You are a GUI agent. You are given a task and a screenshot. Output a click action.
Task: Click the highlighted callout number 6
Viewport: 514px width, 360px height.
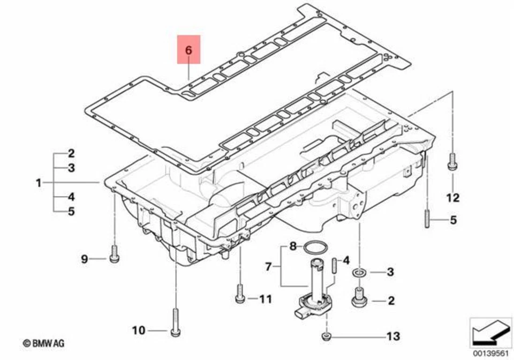click(188, 50)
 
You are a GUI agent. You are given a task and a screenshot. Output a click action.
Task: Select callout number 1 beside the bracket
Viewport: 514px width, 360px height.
click(39, 183)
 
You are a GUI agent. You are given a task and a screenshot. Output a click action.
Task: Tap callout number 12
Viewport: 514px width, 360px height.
click(452, 198)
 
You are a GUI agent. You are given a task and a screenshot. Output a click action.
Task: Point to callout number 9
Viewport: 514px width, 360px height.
click(84, 259)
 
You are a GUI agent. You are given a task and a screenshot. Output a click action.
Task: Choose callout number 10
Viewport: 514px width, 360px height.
click(138, 331)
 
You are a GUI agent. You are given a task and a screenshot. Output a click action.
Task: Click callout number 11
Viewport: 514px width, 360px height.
click(266, 299)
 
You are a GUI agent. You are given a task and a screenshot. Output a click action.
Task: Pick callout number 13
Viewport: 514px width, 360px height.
click(393, 336)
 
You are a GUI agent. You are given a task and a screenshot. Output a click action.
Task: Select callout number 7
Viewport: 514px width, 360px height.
click(269, 265)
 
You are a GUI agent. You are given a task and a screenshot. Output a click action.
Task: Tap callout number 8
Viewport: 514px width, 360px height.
click(292, 247)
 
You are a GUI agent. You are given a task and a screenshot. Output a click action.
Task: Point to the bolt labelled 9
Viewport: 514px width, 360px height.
click(114, 254)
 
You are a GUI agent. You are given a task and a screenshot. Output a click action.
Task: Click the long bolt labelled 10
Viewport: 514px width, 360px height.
click(175, 321)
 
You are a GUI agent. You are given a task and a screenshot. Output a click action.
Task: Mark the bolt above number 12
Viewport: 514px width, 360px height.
click(452, 161)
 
